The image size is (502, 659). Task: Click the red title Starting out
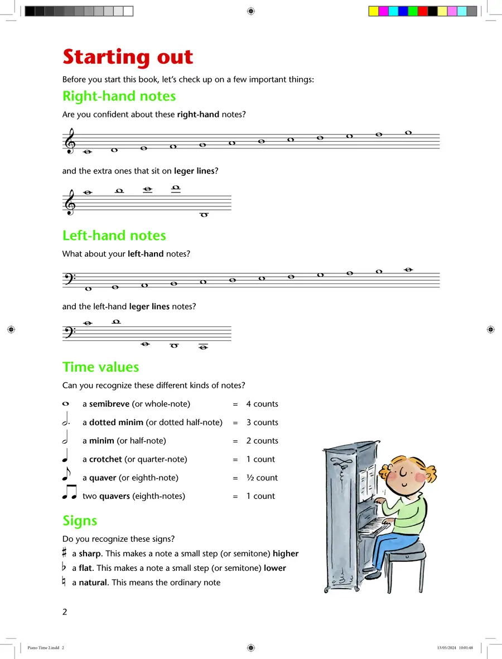(x=128, y=57)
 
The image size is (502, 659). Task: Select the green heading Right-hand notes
(x=119, y=96)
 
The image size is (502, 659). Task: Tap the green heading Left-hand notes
(x=114, y=235)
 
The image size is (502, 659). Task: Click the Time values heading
(x=101, y=367)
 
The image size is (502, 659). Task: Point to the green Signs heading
(x=80, y=521)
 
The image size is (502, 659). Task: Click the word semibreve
(x=109, y=404)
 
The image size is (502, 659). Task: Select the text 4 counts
(x=262, y=404)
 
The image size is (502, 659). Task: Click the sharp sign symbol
(x=65, y=554)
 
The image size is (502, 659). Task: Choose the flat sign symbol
(x=65, y=567)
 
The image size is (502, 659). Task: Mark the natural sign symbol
(x=65, y=582)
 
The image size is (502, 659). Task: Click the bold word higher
(x=286, y=554)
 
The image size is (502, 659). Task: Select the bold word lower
(x=275, y=568)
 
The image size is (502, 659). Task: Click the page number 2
(x=65, y=612)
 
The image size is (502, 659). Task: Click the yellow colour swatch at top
(x=373, y=11)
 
